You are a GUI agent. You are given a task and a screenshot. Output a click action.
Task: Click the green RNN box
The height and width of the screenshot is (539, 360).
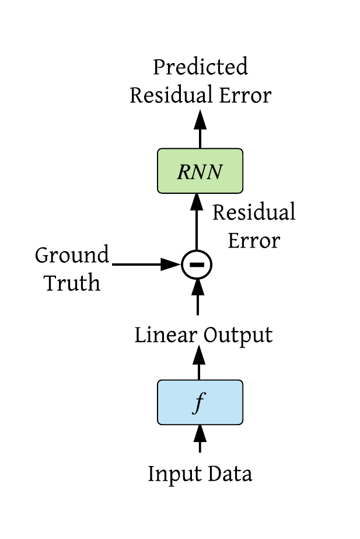click(x=200, y=171)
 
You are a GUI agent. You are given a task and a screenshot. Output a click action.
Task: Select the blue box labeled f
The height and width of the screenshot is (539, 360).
click(x=200, y=402)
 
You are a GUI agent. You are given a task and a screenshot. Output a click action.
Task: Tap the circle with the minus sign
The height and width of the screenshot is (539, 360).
click(x=196, y=265)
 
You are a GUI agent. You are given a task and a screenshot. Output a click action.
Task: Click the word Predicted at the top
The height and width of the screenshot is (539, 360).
click(x=200, y=68)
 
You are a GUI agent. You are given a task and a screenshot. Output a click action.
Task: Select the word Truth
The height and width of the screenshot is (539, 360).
click(x=72, y=283)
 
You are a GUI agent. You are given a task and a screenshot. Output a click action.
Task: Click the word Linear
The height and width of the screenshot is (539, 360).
click(x=167, y=335)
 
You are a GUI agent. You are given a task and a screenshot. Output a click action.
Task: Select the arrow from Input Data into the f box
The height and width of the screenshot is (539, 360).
click(x=200, y=437)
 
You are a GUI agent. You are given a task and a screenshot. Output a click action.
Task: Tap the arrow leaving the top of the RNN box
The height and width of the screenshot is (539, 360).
click(x=200, y=128)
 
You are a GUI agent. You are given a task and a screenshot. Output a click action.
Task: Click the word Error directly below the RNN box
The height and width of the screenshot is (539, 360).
click(x=253, y=241)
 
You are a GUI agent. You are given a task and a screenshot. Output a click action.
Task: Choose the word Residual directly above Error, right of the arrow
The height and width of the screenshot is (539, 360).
click(x=253, y=213)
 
